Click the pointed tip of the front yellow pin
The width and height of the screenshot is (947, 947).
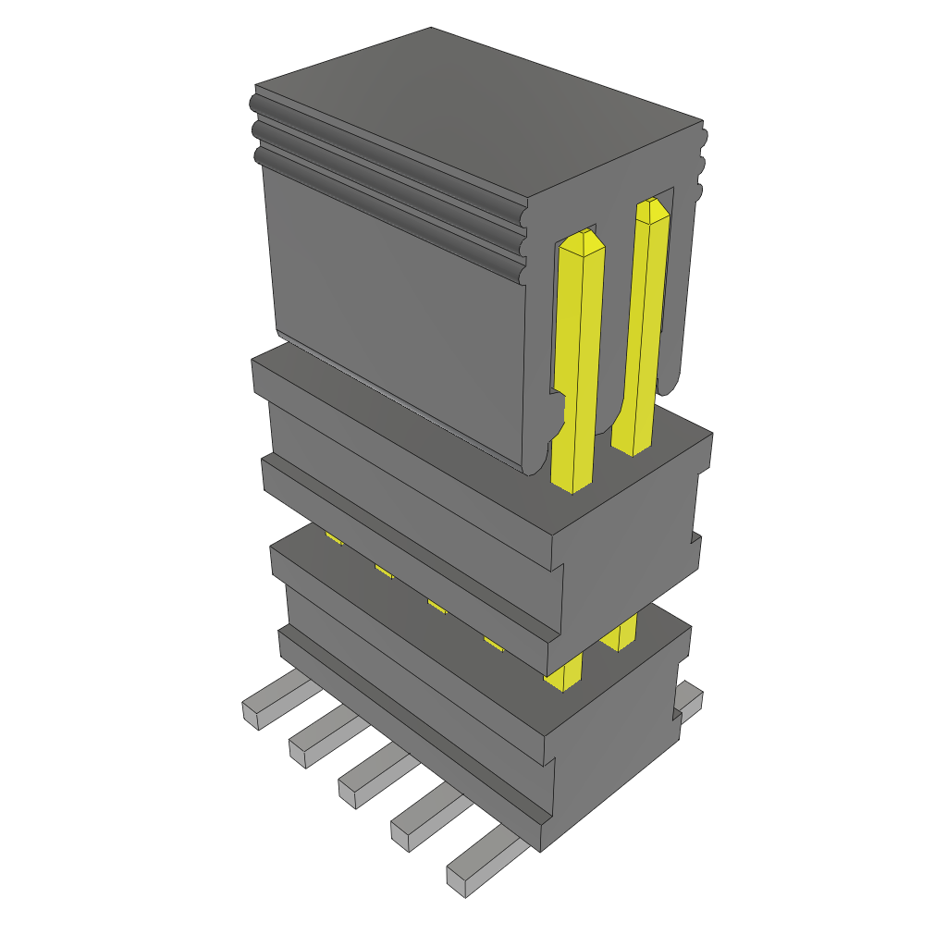coord(582,242)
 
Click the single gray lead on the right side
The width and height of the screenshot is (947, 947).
coord(690,698)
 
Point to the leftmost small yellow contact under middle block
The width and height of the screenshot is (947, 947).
coord(334,537)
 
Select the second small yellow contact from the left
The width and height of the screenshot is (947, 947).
coord(384,571)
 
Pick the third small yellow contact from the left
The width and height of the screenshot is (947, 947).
coord(437,607)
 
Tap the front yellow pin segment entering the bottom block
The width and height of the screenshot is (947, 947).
coord(564,672)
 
